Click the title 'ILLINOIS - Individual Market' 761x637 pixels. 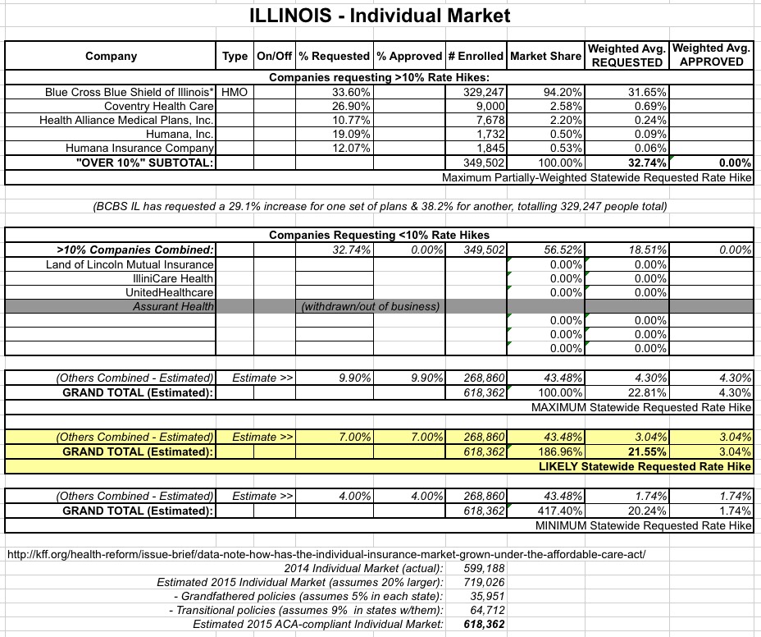tap(380, 16)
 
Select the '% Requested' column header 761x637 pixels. tap(334, 56)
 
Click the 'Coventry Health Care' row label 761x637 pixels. tap(159, 106)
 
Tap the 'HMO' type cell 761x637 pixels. tap(235, 92)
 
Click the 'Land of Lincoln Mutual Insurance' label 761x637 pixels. tap(130, 264)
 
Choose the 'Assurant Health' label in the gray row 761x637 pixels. tap(173, 306)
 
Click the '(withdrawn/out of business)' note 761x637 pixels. tap(371, 306)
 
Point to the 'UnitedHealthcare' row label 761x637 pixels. tap(170, 292)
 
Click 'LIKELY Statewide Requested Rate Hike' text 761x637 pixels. tap(645, 466)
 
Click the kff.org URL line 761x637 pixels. tap(325, 554)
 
